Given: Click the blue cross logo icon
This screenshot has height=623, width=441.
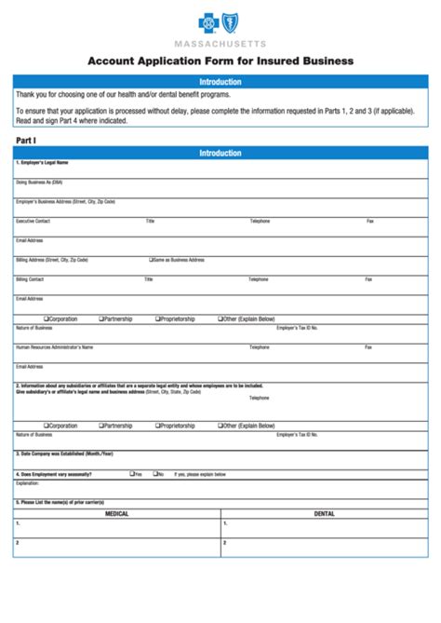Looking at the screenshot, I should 206,24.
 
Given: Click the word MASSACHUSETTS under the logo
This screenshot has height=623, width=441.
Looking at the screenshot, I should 220,44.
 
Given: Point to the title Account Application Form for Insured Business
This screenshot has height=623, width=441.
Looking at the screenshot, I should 220,61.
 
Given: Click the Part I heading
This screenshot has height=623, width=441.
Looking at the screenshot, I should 26,140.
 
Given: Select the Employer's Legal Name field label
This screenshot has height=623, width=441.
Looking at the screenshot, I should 42,162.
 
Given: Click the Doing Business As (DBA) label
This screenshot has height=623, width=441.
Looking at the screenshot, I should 39,182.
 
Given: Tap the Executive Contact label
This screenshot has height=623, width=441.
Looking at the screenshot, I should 33,221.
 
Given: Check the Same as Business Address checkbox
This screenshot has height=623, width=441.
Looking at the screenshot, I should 151,260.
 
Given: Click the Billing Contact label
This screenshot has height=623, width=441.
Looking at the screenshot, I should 30,279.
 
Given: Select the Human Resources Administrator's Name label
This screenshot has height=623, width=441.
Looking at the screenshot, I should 55,346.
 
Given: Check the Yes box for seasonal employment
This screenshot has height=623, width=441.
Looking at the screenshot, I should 131,474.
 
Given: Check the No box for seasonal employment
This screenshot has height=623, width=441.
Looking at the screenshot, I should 154,474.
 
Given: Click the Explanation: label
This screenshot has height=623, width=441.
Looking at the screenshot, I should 28,483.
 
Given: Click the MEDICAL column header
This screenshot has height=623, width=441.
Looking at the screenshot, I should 117,514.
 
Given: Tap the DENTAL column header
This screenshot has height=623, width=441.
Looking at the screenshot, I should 324,514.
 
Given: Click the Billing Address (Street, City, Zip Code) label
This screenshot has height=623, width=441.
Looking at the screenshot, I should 52,260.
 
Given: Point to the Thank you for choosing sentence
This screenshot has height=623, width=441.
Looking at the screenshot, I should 123,95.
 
